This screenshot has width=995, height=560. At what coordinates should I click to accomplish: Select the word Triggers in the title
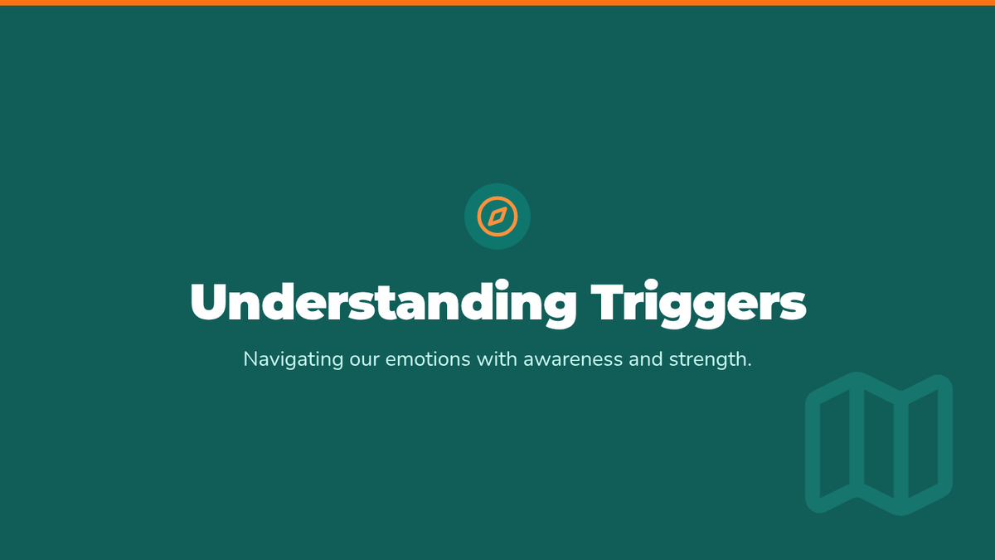698,304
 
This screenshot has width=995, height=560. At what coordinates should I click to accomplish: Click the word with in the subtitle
497,360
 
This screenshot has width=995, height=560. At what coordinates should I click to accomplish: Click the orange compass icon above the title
498,216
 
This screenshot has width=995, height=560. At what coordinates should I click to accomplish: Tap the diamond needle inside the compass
498,217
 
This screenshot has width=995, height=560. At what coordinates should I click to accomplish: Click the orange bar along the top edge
498,2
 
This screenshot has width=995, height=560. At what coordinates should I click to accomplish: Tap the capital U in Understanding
207,303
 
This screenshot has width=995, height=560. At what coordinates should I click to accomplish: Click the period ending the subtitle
748,366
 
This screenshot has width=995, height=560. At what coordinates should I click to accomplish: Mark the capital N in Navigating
250,360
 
